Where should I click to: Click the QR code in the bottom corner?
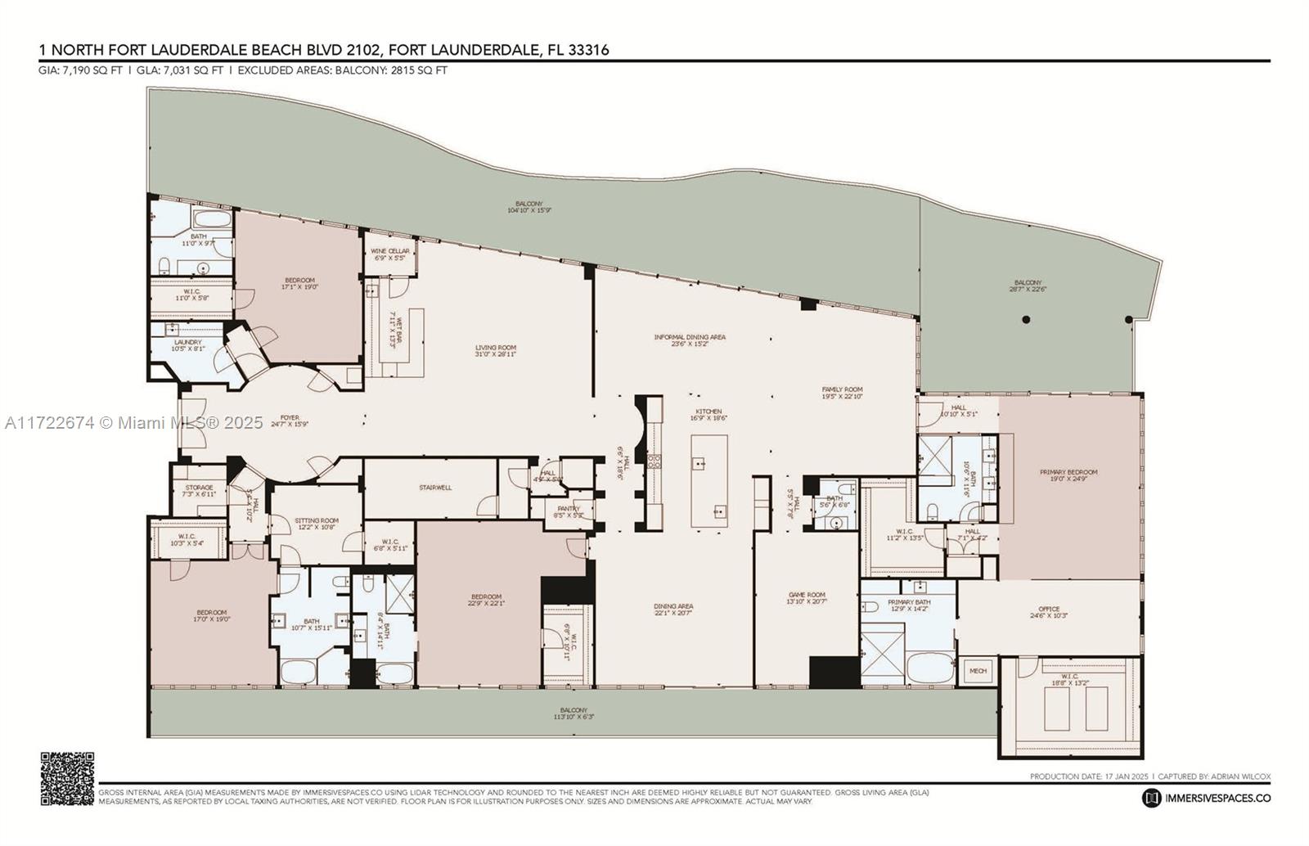point(67,778)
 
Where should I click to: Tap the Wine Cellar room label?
point(389,251)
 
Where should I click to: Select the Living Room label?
point(496,348)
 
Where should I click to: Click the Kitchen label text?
point(708,412)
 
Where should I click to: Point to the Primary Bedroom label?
point(1068,472)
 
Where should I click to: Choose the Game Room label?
point(807,595)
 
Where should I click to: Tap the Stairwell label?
point(435,488)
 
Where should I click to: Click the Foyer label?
point(290,417)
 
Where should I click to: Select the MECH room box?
point(978,670)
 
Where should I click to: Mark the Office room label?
point(1049,609)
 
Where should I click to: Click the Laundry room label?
point(187,343)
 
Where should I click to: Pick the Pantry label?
point(568,509)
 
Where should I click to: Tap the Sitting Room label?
point(317,520)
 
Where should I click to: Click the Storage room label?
point(199,488)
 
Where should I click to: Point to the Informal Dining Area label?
point(690,337)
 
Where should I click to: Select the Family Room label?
point(842,389)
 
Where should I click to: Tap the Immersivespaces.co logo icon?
point(1152,797)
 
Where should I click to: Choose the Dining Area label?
point(673,606)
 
